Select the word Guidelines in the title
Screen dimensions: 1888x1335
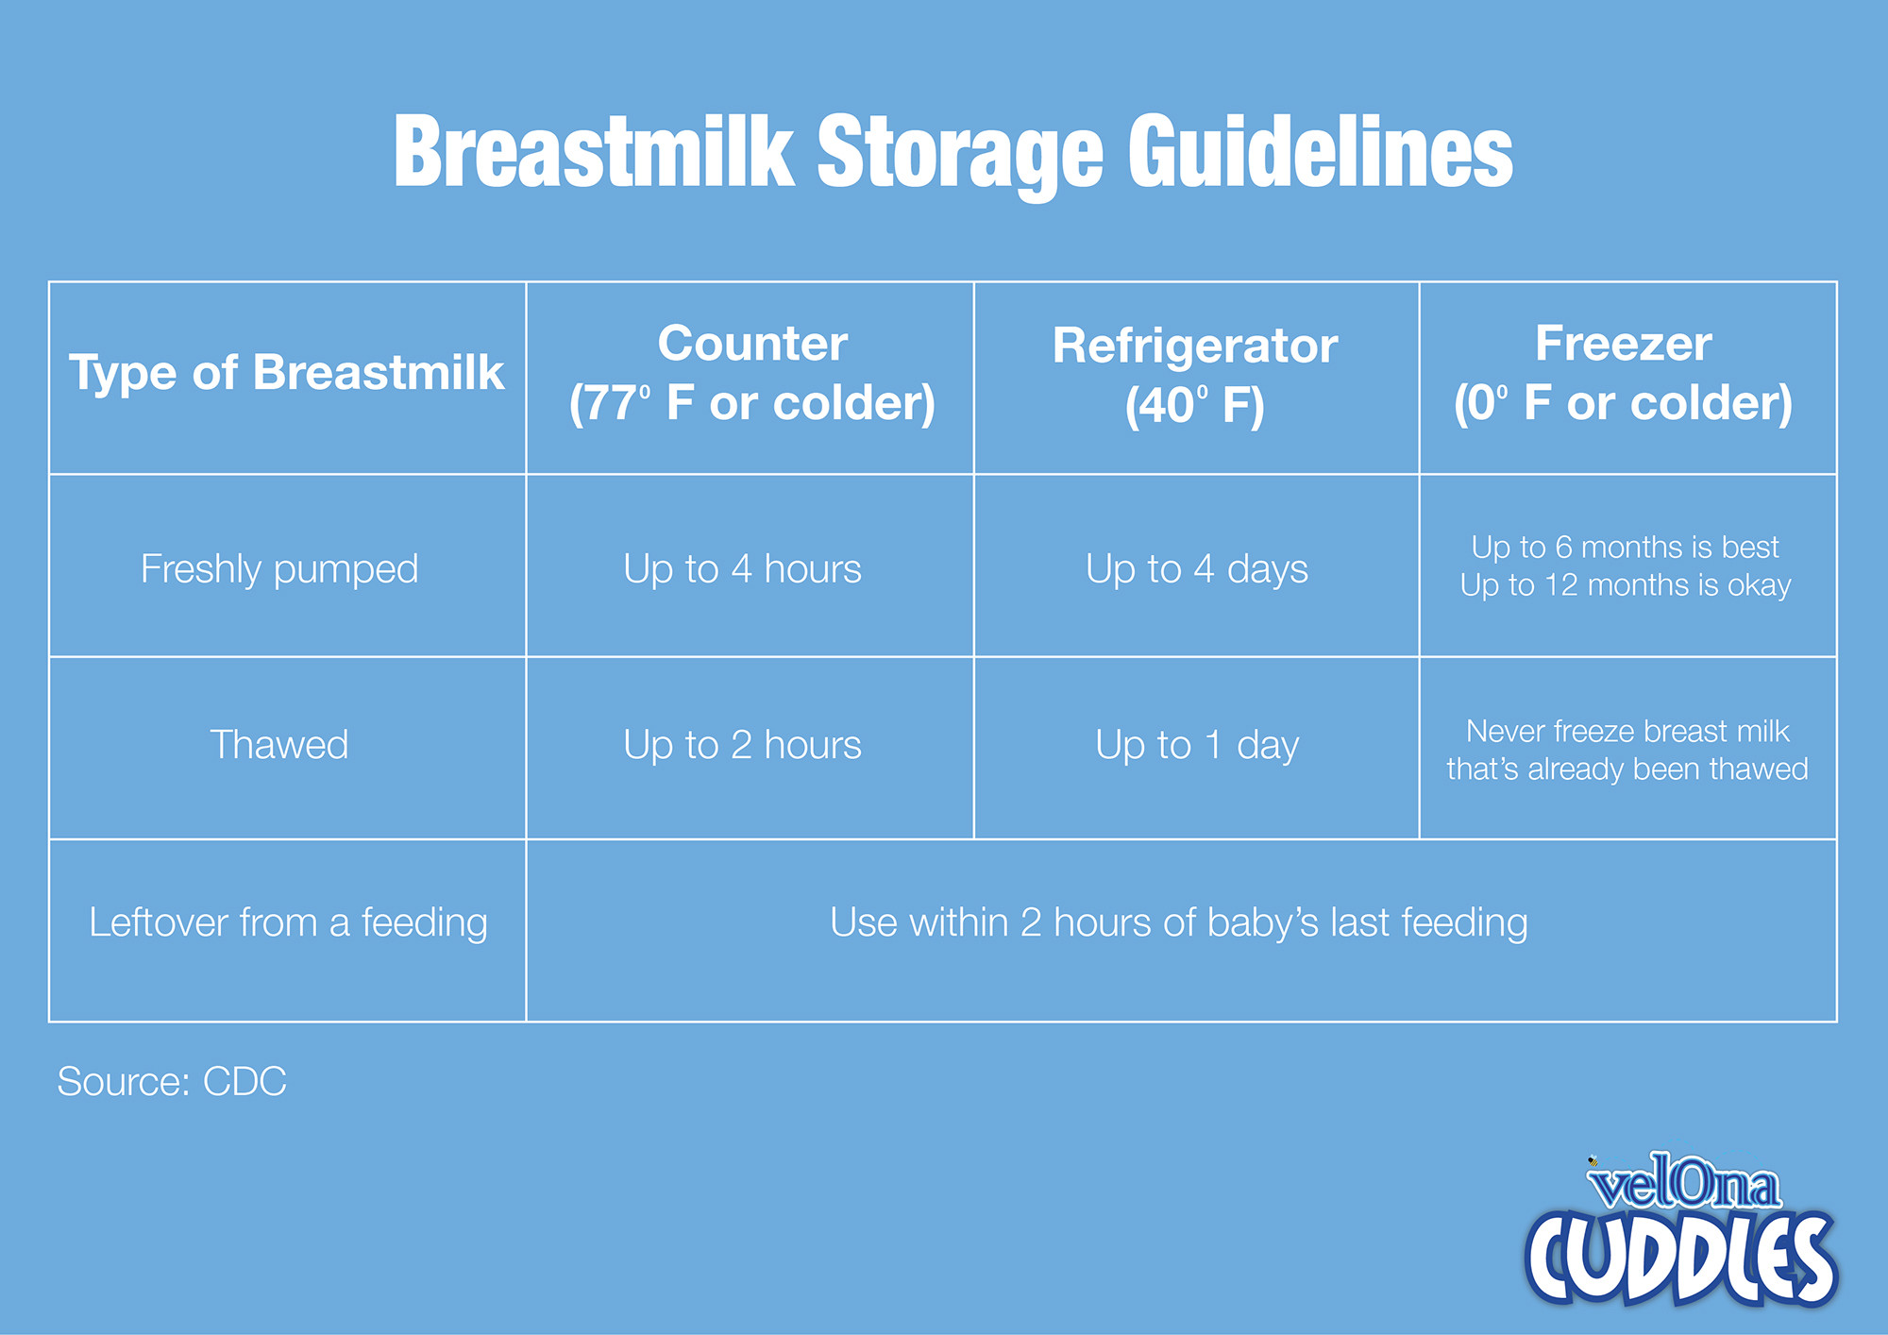pyautogui.click(x=1321, y=152)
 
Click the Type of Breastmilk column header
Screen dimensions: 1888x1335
pyautogui.click(x=287, y=373)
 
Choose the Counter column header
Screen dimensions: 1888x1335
pyautogui.click(x=752, y=373)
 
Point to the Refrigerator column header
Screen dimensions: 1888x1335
pyautogui.click(x=1195, y=375)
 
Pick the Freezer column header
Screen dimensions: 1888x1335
pyautogui.click(x=1623, y=373)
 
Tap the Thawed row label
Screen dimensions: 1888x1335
pyautogui.click(x=279, y=745)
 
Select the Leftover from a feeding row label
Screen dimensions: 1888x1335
pyautogui.click(x=288, y=922)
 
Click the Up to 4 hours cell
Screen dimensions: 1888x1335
pyautogui.click(x=743, y=569)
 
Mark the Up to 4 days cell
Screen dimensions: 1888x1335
pyautogui.click(x=1197, y=569)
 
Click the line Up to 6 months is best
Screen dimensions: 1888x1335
pyautogui.click(x=1625, y=547)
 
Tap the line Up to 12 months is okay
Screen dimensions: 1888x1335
pyautogui.click(x=1626, y=585)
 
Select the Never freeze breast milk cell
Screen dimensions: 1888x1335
pyautogui.click(x=1627, y=750)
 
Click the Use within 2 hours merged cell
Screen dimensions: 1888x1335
pyautogui.click(x=1179, y=922)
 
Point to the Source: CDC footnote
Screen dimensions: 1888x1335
pyautogui.click(x=172, y=1082)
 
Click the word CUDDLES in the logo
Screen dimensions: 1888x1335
pyautogui.click(x=1680, y=1259)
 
